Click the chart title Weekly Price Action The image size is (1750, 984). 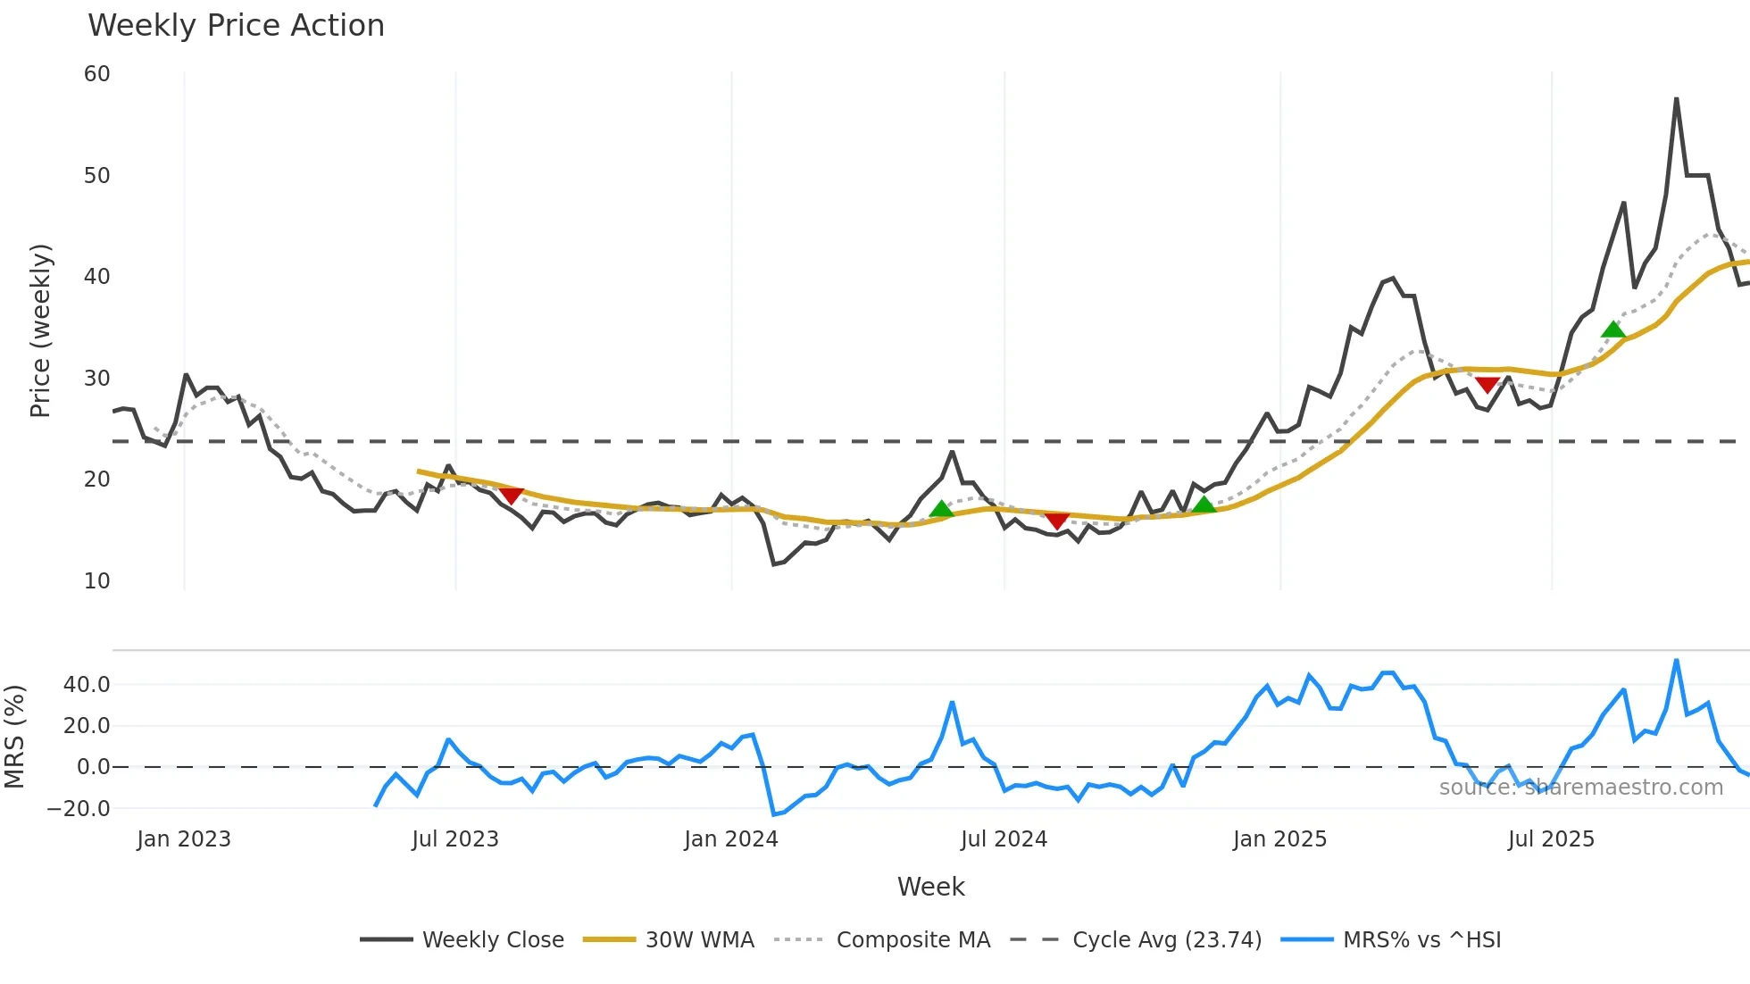pyautogui.click(x=236, y=26)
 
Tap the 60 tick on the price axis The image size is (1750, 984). pyautogui.click(x=97, y=74)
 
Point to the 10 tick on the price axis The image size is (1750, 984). pyautogui.click(x=97, y=581)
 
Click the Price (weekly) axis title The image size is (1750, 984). pyautogui.click(x=40, y=330)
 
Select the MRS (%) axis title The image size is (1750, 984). pyautogui.click(x=14, y=737)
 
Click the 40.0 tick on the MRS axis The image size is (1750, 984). pyautogui.click(x=87, y=685)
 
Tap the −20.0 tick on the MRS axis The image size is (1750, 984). pyautogui.click(x=79, y=809)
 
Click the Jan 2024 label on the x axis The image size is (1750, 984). pyautogui.click(x=731, y=839)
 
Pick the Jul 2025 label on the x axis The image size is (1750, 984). pyautogui.click(x=1551, y=839)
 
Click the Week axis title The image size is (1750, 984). pyautogui.click(x=930, y=887)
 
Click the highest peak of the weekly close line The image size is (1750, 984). pyautogui.click(x=1676, y=99)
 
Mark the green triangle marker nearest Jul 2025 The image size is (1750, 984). pyautogui.click(x=1612, y=329)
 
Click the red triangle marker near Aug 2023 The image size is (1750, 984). pyautogui.click(x=511, y=495)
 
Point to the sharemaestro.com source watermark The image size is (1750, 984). pyautogui.click(x=1580, y=788)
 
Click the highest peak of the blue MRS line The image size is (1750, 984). pyautogui.click(x=1676, y=661)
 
